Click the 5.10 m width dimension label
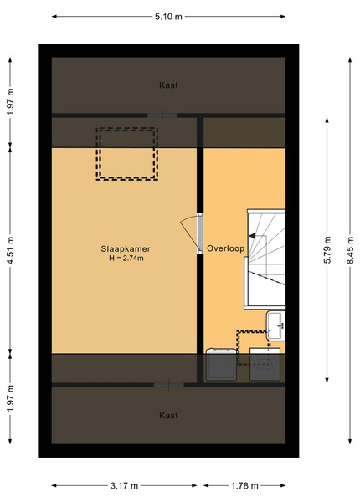click(x=168, y=17)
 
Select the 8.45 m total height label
click(x=350, y=250)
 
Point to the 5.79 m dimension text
click(x=327, y=250)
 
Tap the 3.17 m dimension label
click(x=124, y=485)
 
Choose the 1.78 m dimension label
click(x=244, y=485)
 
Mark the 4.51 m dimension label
click(x=10, y=250)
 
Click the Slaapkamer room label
click(x=126, y=248)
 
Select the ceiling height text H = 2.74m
click(x=126, y=258)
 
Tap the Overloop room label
click(x=225, y=248)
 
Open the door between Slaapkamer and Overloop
click(x=200, y=233)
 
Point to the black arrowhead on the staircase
click(x=252, y=236)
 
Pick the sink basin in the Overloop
click(x=275, y=325)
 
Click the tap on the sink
click(x=282, y=325)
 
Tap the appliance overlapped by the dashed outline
click(x=265, y=364)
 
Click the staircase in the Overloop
click(x=265, y=259)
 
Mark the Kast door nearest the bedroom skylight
click(x=162, y=115)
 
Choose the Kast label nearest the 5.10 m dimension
click(x=168, y=85)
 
